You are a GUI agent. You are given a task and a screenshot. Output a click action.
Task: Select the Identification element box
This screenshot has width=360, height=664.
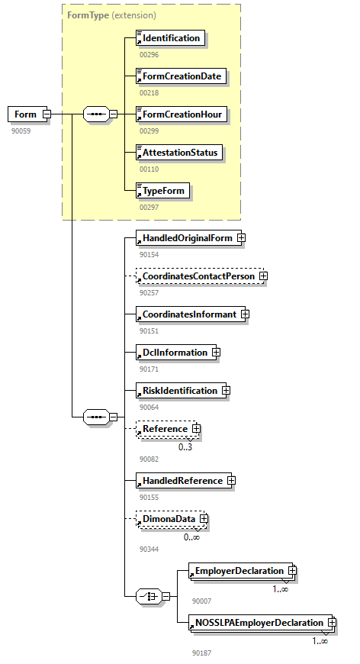[171, 38]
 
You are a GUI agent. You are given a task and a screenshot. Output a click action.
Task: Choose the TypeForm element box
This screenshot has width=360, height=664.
[162, 190]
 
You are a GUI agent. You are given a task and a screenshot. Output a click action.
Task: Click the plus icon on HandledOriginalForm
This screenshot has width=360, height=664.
[241, 238]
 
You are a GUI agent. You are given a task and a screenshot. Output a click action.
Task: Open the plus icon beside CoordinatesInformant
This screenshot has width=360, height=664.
[245, 314]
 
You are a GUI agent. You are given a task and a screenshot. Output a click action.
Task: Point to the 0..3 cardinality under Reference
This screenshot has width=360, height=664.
[185, 447]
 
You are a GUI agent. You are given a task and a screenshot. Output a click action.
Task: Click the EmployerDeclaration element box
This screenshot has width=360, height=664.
[239, 571]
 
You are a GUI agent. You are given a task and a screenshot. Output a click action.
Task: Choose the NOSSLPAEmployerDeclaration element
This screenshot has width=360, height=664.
[259, 623]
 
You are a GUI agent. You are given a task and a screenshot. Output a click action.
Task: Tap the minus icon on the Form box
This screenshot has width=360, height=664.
[47, 114]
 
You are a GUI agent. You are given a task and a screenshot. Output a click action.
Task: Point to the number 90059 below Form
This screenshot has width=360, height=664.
[21, 131]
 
